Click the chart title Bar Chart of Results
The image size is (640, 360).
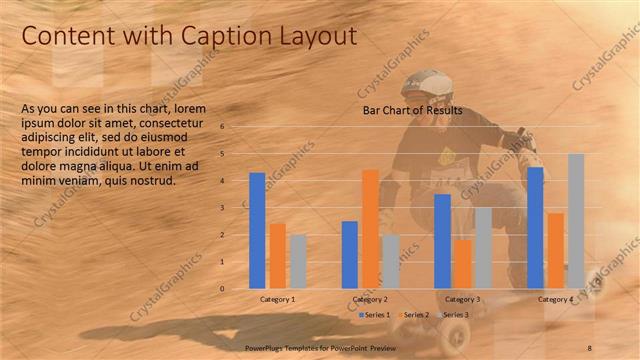coord(412,110)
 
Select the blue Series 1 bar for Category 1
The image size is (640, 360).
coord(257,231)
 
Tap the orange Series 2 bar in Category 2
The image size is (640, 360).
coord(370,229)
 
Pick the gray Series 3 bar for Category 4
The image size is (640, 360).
coord(576,221)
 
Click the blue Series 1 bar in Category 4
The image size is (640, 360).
coord(535,228)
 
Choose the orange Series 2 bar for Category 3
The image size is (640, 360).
coord(462,264)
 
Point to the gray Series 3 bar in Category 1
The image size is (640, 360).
coord(297,262)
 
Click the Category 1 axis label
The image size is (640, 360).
coord(277,299)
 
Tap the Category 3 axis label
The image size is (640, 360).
coord(462,299)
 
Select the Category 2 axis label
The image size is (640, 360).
coord(370,299)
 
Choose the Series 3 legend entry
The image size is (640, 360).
coord(452,314)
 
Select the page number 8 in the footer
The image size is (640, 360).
coord(590,347)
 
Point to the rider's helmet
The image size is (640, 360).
coord(434,84)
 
